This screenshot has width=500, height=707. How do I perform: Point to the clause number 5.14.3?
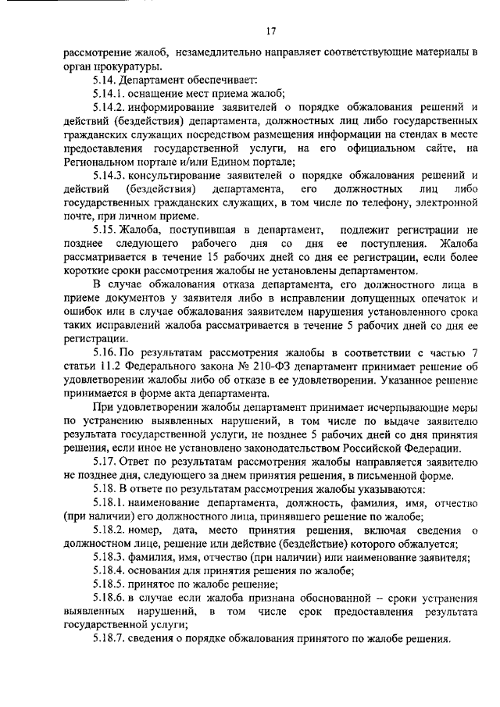coord(109,174)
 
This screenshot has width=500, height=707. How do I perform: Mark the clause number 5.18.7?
coord(109,638)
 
